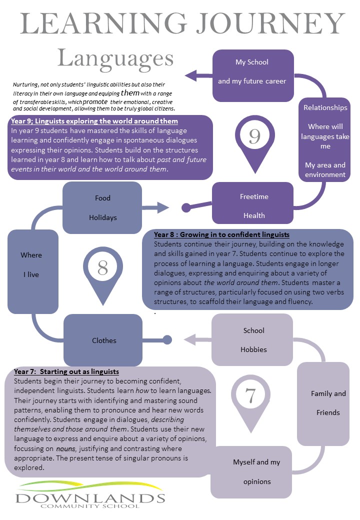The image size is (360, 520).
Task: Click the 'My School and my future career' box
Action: point(253,75)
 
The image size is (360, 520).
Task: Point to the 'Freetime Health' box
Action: point(252,203)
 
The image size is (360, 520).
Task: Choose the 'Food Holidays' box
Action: point(102,207)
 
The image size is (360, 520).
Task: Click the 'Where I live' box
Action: point(33,271)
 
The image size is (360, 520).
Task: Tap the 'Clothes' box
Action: point(103,340)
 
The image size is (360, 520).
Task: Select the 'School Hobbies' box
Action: point(252,340)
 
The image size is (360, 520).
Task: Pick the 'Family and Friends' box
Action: point(323,404)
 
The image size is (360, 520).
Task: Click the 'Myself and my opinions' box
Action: point(251,472)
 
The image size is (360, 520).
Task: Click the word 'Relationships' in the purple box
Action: point(325,107)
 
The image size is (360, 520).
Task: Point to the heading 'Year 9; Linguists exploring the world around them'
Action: point(94,121)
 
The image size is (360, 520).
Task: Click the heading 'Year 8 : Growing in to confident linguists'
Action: point(221,234)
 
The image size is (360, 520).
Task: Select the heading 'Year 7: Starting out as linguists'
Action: point(66,371)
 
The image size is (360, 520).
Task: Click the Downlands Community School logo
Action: point(90,495)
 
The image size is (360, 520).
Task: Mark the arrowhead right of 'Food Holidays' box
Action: point(163,207)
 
